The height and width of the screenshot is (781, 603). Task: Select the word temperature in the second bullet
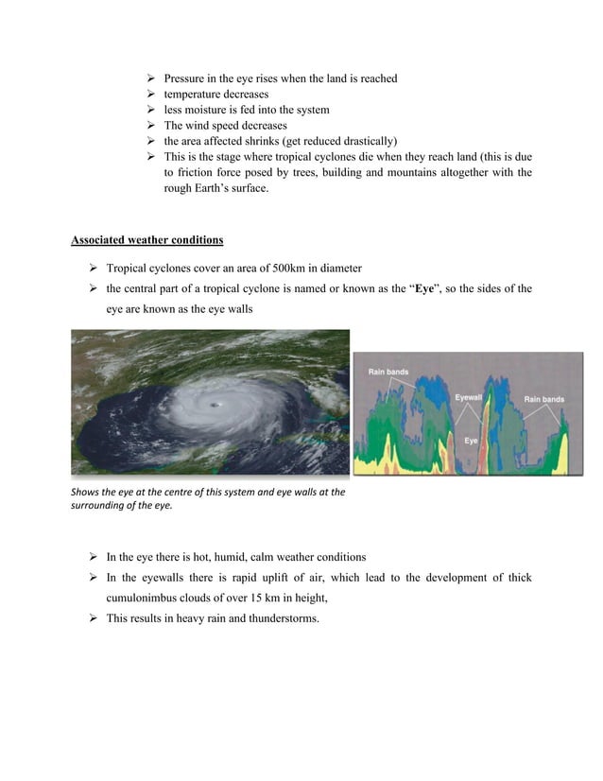pyautogui.click(x=195, y=95)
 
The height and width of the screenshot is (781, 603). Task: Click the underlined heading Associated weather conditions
pyautogui.click(x=147, y=240)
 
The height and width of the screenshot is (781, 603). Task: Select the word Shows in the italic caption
pyautogui.click(x=87, y=492)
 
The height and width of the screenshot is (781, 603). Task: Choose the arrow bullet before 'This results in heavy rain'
pyautogui.click(x=94, y=618)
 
